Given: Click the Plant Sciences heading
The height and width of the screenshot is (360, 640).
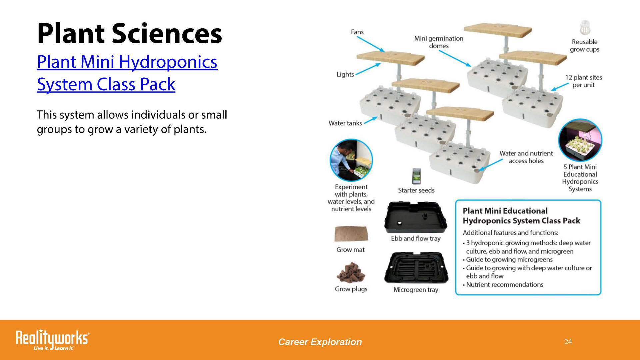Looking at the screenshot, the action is [129, 33].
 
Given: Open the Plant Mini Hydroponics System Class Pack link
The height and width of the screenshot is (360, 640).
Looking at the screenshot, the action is [127, 73].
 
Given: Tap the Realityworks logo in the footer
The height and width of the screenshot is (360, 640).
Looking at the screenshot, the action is [52, 339].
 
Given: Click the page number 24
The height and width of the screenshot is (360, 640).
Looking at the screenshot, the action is [568, 342].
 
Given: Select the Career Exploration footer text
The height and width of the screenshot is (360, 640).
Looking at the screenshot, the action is [320, 342].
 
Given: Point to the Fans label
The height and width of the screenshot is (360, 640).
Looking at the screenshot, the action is [357, 32].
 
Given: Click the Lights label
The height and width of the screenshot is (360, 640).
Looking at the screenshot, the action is [345, 74].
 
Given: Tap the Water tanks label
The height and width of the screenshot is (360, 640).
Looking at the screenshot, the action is [345, 123].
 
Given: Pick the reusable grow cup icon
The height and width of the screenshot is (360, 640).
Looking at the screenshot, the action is [585, 28].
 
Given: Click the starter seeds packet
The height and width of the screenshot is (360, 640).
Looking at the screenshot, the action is [416, 176].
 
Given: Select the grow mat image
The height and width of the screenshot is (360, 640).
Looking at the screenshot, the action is [351, 234].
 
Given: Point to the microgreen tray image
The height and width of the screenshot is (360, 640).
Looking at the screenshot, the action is [416, 268].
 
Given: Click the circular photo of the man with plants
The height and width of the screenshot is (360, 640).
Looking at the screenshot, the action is [351, 160].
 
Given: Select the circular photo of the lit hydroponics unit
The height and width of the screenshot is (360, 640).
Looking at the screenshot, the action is [580, 140].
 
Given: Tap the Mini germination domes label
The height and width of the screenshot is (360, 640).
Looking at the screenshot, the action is [439, 42].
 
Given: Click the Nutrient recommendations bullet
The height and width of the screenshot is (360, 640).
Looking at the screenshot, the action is [503, 285].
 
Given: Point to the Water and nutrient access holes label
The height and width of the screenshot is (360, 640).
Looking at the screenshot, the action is [526, 157].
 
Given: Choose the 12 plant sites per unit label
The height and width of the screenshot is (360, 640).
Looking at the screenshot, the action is [583, 81].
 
